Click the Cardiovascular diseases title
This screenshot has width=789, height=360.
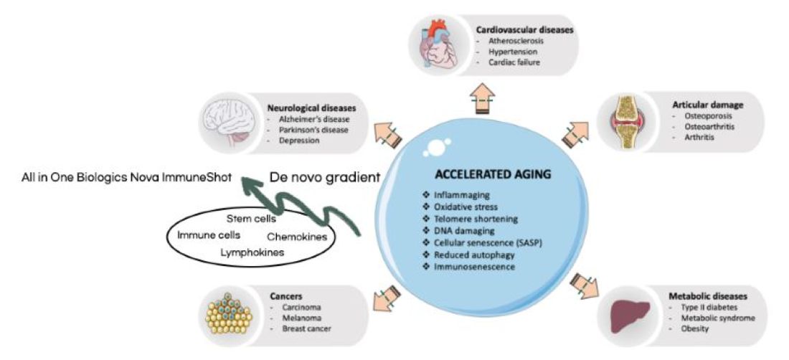(526, 30)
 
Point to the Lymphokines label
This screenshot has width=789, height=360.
(251, 252)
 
